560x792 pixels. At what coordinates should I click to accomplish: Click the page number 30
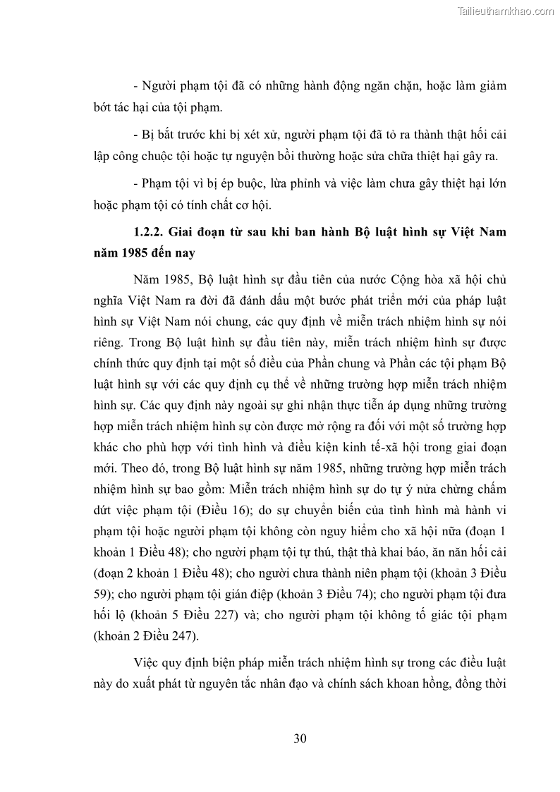pos(299,739)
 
